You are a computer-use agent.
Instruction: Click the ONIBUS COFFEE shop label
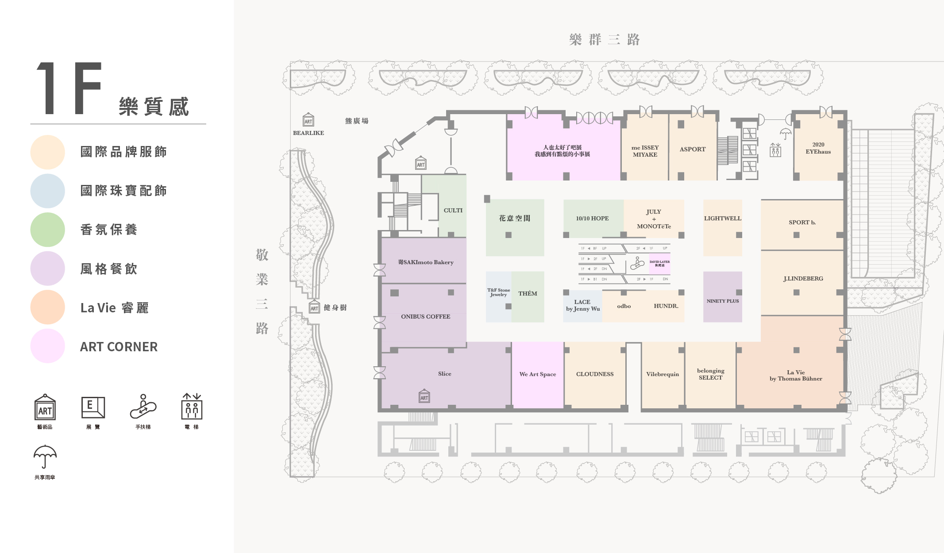click(x=425, y=317)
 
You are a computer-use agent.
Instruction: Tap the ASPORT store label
click(x=692, y=150)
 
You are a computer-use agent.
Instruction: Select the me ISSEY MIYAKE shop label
click(x=645, y=151)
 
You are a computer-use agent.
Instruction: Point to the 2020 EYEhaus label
click(x=818, y=148)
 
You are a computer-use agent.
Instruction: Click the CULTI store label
click(x=453, y=211)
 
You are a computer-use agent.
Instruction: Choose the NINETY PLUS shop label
click(x=722, y=301)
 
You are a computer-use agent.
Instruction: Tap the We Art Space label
click(x=537, y=374)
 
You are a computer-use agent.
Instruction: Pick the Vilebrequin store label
click(x=662, y=374)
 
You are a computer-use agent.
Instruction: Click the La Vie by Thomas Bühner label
click(x=795, y=376)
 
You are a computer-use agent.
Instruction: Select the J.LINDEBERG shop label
click(x=803, y=279)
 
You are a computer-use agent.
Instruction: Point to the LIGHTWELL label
click(x=722, y=219)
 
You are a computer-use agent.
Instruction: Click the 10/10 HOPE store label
click(x=592, y=219)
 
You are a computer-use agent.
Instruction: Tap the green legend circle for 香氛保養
click(x=48, y=230)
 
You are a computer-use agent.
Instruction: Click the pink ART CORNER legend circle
click(x=48, y=346)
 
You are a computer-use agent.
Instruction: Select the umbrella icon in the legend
click(x=45, y=457)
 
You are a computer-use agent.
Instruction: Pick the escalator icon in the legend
click(x=143, y=407)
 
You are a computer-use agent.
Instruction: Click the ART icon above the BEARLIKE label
click(x=308, y=120)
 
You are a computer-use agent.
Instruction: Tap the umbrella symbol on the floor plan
click(x=786, y=133)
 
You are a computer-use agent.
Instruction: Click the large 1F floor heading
click(x=69, y=88)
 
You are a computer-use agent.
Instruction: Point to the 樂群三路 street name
click(x=604, y=40)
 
